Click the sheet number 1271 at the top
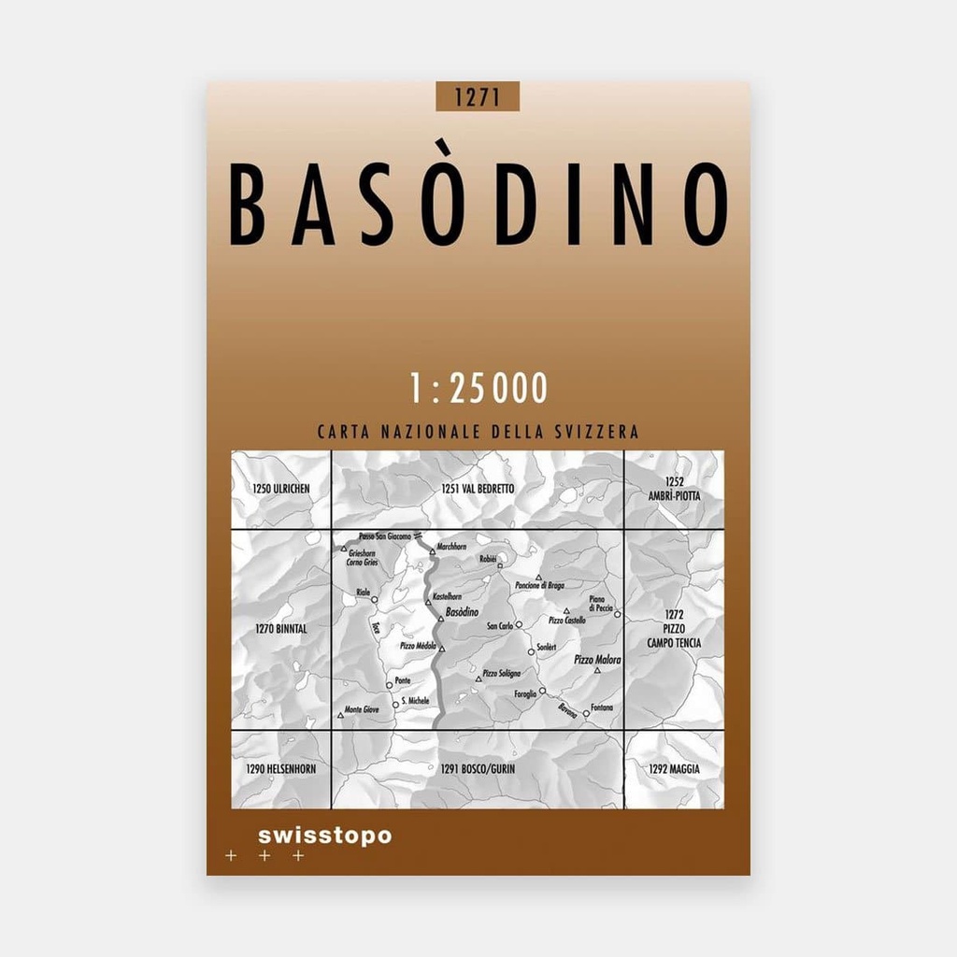point(477,96)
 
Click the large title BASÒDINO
point(478,205)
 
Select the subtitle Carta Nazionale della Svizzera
point(478,433)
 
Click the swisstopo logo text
point(324,836)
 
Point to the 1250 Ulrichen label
point(280,489)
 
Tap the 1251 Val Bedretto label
point(478,489)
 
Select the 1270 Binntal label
point(280,629)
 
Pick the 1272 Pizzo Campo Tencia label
point(673,629)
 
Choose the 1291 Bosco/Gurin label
point(478,769)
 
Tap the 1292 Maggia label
point(673,769)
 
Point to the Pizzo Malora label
point(597,659)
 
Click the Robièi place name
point(489,558)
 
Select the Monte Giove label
point(363,708)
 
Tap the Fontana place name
point(602,707)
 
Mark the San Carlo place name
point(500,625)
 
